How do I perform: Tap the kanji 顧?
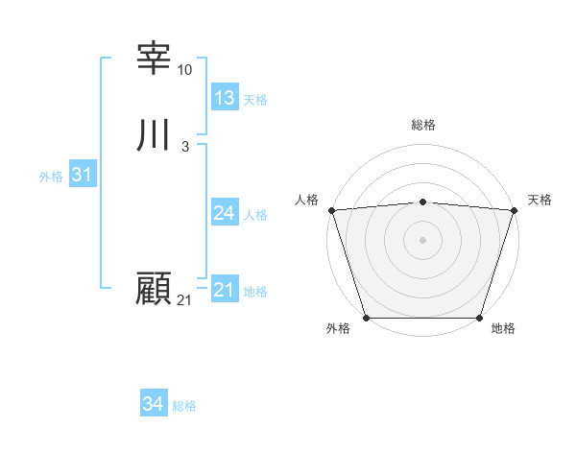pos(155,289)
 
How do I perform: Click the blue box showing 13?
pos(225,98)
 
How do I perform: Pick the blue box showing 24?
pos(225,213)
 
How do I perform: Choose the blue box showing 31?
pos(82,175)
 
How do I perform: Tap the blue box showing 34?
pos(153,404)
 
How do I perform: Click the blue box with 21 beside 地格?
pos(225,290)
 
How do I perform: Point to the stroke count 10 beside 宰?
pos(185,70)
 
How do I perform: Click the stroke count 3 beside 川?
pos(184,147)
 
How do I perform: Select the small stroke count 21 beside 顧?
pos(184,300)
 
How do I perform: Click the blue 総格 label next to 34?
pos(184,406)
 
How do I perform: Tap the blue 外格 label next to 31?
pos(51,177)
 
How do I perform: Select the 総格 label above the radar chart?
pos(422,125)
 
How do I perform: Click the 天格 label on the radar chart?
pos(540,200)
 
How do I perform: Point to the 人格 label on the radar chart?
pos(306,200)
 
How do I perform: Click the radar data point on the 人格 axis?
pos(331,210)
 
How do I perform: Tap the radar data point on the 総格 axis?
pos(422,202)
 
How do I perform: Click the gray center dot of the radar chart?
pos(422,240)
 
